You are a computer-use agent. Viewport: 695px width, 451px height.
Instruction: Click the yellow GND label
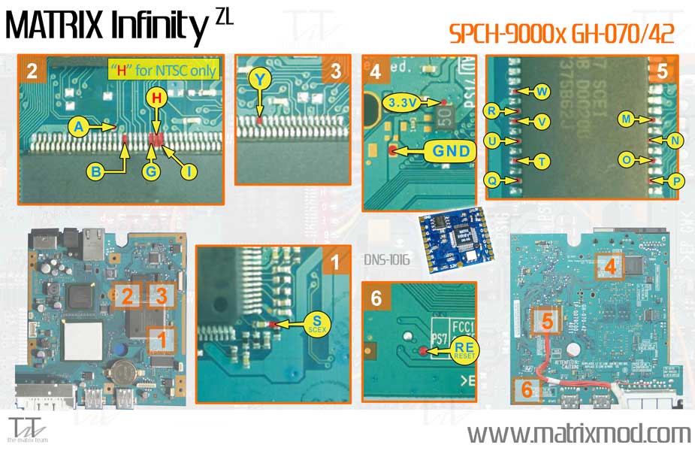(449, 151)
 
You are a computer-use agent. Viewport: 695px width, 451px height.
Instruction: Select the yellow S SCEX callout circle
(313, 325)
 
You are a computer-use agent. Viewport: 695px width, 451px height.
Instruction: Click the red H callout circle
(156, 97)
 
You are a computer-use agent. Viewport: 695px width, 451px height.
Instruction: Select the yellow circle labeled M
(626, 119)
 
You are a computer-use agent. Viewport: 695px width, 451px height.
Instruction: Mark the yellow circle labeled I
(189, 172)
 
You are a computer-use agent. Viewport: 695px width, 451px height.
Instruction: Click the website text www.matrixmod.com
(578, 434)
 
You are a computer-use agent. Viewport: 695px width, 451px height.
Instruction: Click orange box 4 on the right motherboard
(611, 266)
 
